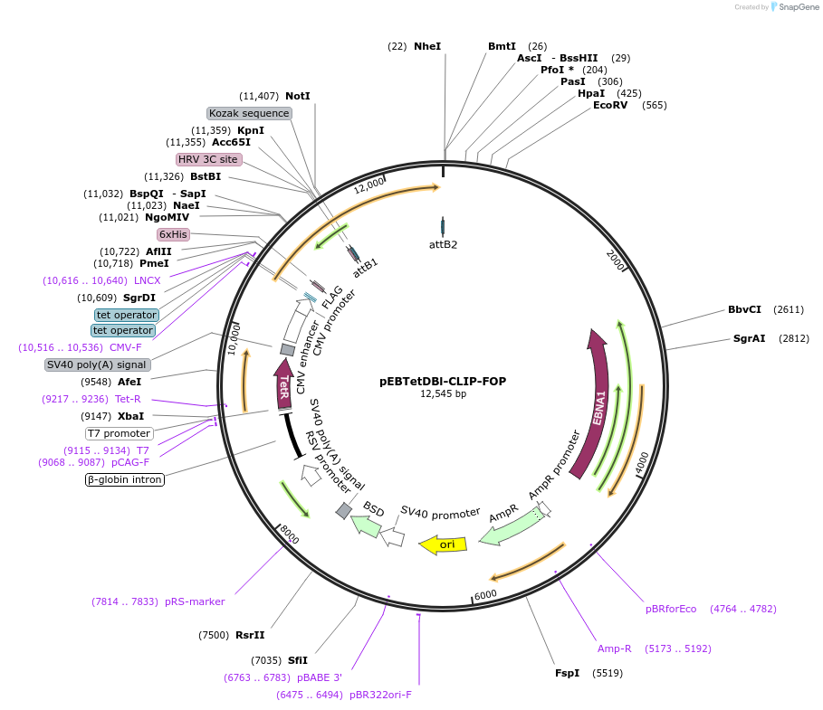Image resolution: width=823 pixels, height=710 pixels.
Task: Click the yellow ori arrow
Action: pos(443,544)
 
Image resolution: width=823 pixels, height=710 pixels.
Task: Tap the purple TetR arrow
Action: pos(282,384)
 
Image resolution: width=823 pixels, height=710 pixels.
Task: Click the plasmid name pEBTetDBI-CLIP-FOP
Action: pos(443,381)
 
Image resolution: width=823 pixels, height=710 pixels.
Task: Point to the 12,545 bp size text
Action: pos(443,393)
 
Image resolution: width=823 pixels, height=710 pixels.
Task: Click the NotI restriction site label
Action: pos(298,96)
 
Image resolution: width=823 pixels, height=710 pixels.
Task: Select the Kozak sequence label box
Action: pos(249,113)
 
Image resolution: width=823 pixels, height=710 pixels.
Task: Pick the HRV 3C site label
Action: pos(208,159)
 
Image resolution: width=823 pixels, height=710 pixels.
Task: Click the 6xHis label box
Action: pos(173,234)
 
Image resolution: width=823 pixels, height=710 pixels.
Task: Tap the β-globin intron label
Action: pos(125,480)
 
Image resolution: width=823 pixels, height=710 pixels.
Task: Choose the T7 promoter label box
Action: pos(120,433)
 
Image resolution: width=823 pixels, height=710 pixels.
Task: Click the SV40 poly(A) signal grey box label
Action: pos(97,364)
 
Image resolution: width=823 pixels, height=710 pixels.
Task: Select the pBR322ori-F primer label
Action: pos(380,695)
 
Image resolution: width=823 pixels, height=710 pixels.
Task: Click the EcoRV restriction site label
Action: pos(617,105)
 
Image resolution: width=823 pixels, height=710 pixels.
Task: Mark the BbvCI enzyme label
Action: pos(746,309)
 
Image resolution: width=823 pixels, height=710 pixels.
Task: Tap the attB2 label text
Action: pos(443,244)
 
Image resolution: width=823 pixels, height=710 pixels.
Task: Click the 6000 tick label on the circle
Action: pos(485,593)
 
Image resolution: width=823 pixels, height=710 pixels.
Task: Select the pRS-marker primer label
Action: pos(195,601)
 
